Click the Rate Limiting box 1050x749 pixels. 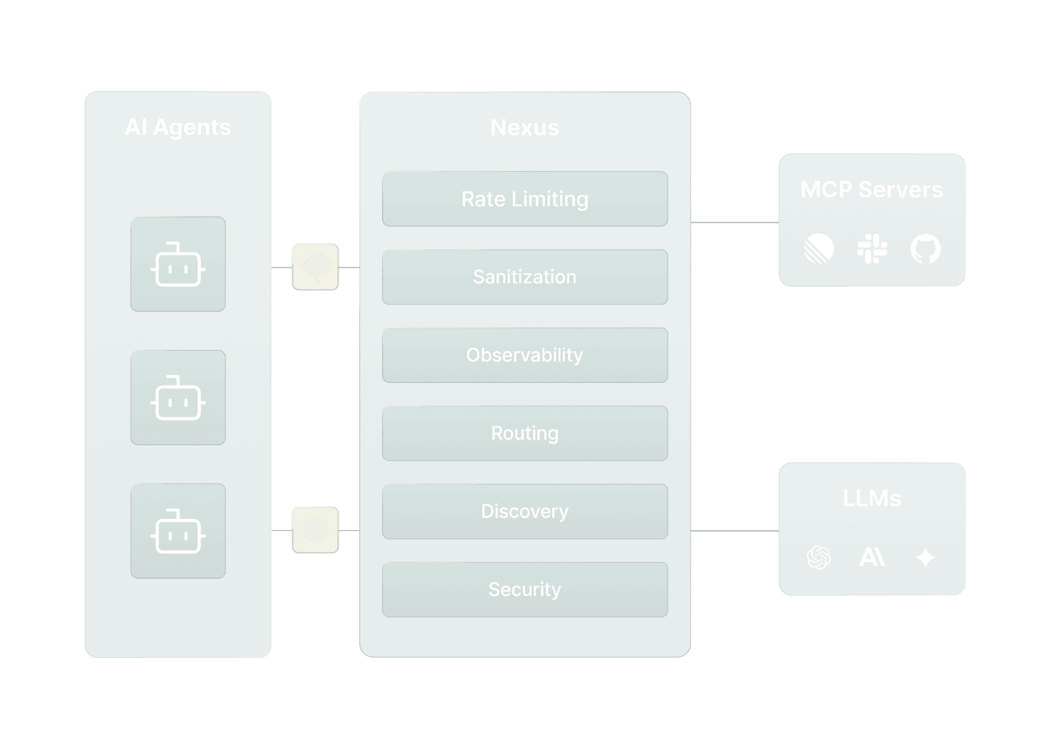(524, 199)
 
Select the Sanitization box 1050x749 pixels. (524, 277)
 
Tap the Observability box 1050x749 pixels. (524, 355)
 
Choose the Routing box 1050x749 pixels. (524, 433)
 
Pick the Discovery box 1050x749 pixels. (524, 511)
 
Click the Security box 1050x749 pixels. (524, 589)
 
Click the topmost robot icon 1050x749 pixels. (178, 264)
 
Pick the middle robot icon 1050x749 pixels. (178, 398)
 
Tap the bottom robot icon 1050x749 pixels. (178, 531)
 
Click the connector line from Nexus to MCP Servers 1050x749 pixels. (735, 223)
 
